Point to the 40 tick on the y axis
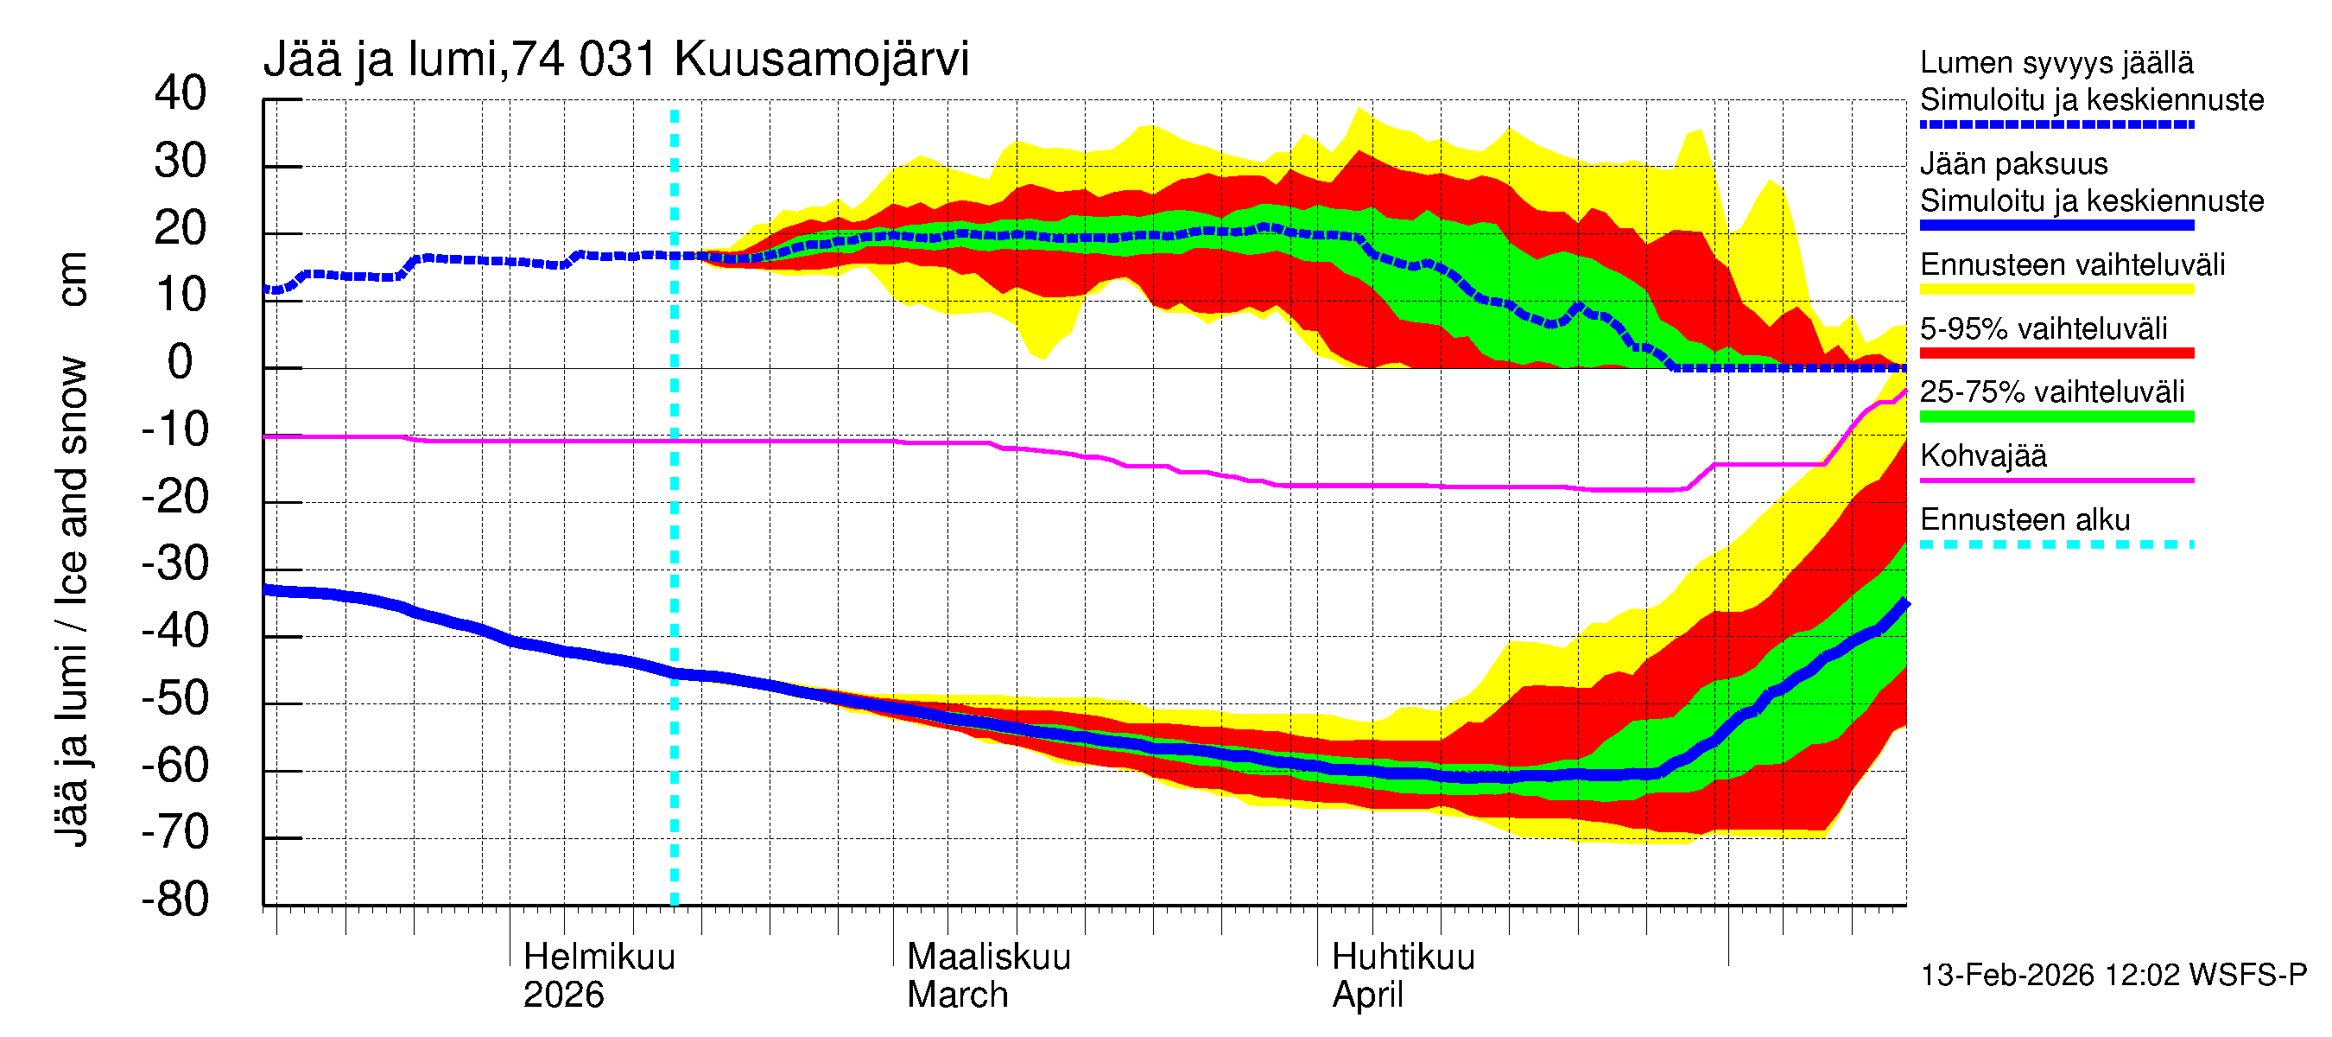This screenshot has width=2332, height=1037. click(181, 93)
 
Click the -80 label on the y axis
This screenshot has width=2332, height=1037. click(174, 900)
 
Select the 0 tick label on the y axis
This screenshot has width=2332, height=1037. click(181, 362)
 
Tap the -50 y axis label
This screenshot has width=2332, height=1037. click(174, 698)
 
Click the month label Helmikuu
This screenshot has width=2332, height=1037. click(599, 957)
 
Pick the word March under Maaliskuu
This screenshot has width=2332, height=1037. click(957, 996)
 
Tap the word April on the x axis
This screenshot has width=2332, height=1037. click(1367, 996)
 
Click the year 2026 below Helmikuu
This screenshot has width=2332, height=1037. click(563, 996)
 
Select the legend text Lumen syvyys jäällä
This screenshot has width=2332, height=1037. click(2056, 62)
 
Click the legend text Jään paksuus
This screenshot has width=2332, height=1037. click(2013, 164)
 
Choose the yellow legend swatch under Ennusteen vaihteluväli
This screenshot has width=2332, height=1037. click(2056, 289)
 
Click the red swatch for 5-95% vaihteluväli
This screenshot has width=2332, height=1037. click(2056, 353)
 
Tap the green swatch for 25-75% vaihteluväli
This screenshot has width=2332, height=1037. click(2056, 417)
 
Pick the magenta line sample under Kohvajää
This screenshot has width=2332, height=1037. click(2056, 480)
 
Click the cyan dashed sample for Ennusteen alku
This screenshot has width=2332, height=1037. click(2056, 544)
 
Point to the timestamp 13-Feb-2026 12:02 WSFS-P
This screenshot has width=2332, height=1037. click(2113, 976)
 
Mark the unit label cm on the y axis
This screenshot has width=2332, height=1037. click(73, 279)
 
